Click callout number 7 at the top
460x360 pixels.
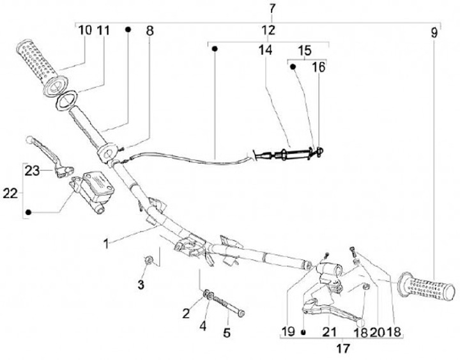(273, 8)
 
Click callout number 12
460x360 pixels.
(268, 30)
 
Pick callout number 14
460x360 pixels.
(264, 49)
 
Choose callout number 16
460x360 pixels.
(318, 67)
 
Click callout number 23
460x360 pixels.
(33, 171)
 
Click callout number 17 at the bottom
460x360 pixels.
(343, 349)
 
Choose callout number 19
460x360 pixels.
(288, 331)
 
